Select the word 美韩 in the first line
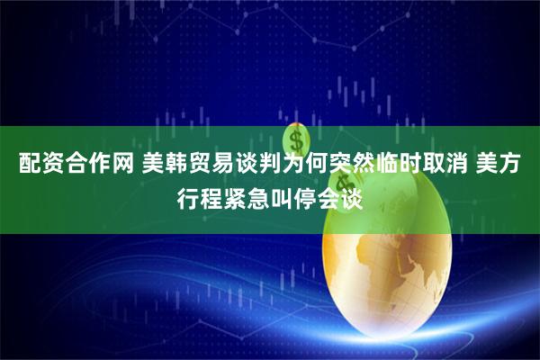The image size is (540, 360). coord(160,166)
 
